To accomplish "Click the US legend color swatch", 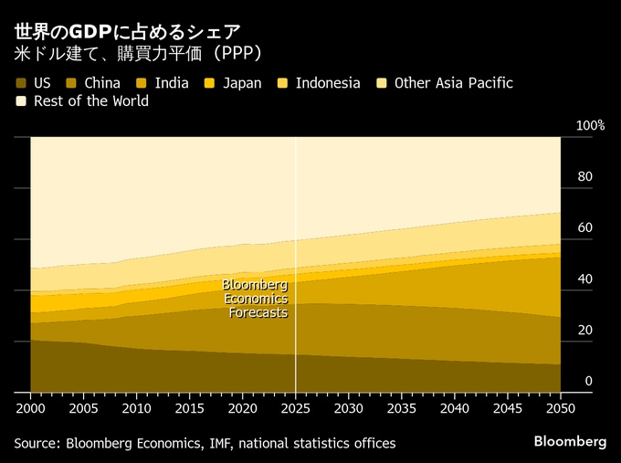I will tap(20, 83).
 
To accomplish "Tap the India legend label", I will tap(172, 83).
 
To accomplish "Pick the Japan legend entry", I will tap(241, 83).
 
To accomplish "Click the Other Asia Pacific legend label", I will tap(453, 83).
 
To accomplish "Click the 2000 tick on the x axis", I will tap(30, 406).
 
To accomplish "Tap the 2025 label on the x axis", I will tap(296, 406).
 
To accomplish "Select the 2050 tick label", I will tap(561, 406).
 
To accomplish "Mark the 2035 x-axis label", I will tap(402, 406).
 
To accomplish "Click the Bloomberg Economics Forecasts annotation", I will tap(256, 299).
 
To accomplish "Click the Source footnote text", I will tap(205, 443).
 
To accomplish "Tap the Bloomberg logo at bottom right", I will tap(570, 442).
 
